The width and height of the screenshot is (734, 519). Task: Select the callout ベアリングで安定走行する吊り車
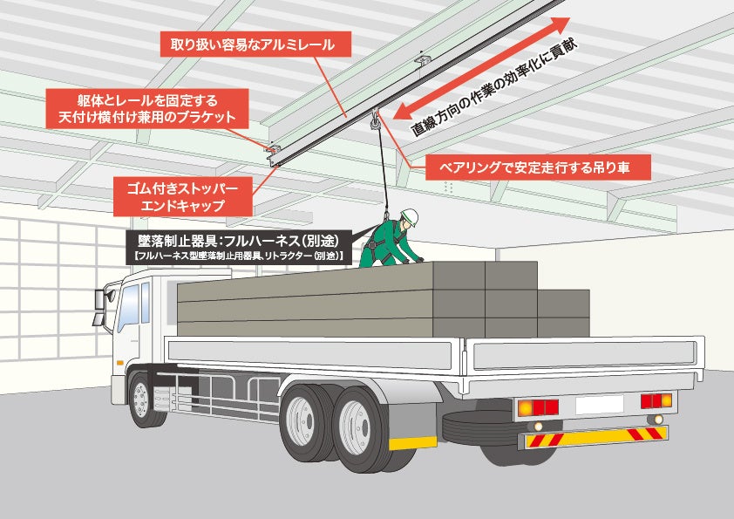(x=538, y=166)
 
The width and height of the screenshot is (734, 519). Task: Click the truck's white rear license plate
(x=599, y=404)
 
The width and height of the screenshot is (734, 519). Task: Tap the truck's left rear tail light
(x=537, y=407)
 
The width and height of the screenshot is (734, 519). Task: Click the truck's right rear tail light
(x=656, y=400)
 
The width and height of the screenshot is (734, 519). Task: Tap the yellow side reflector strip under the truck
(x=412, y=442)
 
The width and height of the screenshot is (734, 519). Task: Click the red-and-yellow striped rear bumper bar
(x=594, y=437)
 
